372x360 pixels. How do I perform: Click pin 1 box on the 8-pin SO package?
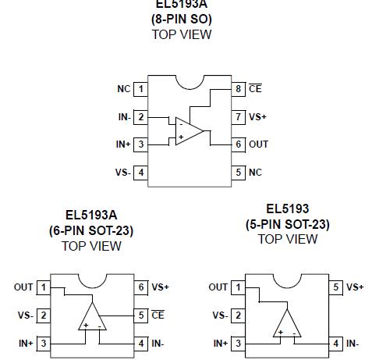point(141,89)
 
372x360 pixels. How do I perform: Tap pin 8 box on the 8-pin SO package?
point(239,89)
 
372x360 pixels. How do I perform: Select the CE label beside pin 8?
point(255,89)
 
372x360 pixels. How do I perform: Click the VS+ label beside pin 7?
point(257,116)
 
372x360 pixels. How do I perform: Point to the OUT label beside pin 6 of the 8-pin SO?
point(258,144)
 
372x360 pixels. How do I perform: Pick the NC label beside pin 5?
point(255,172)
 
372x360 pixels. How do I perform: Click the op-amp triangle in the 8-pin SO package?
point(190,130)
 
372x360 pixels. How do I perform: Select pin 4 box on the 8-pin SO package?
point(141,172)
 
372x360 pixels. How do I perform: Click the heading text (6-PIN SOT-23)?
point(91,230)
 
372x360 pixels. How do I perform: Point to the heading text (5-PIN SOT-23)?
point(287,224)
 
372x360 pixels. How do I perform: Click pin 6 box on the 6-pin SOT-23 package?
point(141,287)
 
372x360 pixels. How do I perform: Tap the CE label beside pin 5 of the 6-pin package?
point(158,315)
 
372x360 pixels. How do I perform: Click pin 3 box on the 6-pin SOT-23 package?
point(44,343)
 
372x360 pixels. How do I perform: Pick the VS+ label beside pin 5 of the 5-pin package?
point(355,287)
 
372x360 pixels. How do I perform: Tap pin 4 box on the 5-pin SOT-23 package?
point(336,343)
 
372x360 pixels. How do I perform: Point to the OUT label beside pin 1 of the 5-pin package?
point(218,287)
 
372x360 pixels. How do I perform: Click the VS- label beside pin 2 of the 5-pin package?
point(219,315)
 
